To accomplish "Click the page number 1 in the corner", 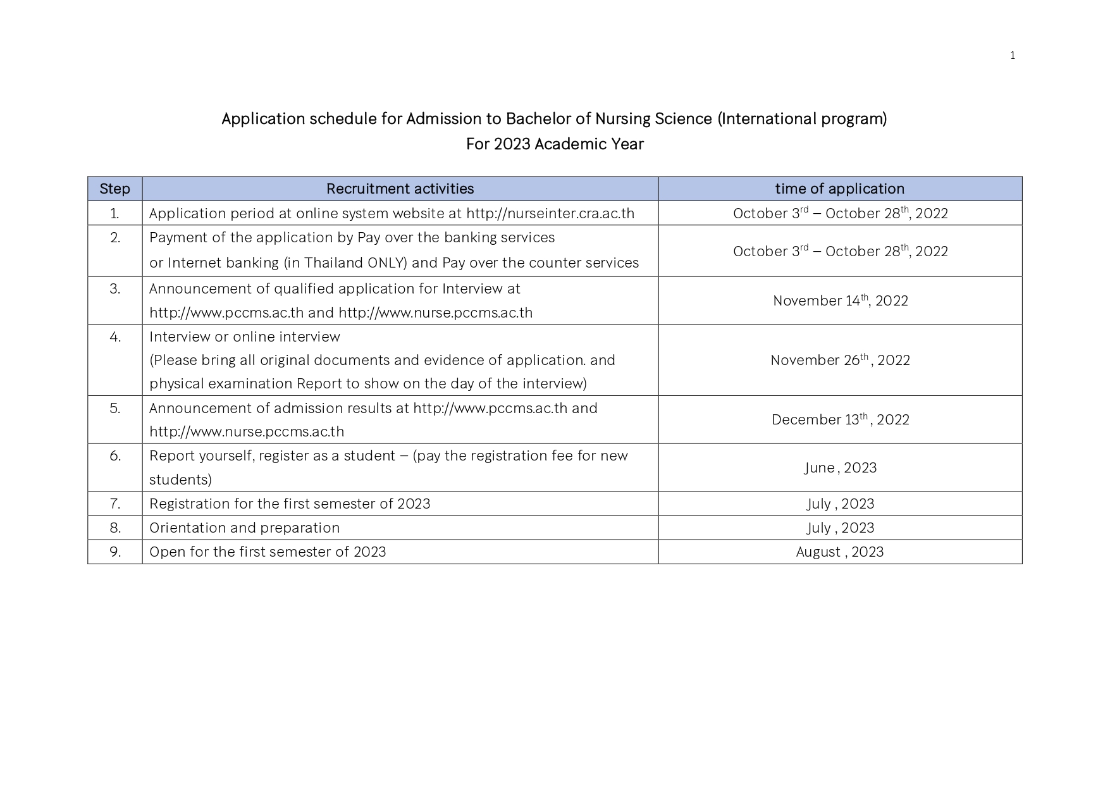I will (x=1012, y=56).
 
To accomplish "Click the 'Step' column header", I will (x=114, y=189).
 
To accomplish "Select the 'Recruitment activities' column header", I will (x=400, y=189).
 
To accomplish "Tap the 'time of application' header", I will (x=839, y=189).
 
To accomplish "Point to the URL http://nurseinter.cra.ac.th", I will (x=550, y=213).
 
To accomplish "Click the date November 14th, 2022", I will (x=840, y=300).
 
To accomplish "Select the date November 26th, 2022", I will (x=840, y=360).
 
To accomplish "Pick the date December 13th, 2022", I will (x=840, y=419).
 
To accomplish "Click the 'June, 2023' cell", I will (x=840, y=467).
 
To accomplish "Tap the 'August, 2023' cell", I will (x=839, y=552).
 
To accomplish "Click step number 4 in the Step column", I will (x=114, y=337).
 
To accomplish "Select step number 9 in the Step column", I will (x=114, y=552).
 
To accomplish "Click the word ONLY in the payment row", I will (x=386, y=263).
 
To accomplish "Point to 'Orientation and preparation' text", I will (x=244, y=528).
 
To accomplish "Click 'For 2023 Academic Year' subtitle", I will (x=555, y=144).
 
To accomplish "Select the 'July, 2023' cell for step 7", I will (x=840, y=504).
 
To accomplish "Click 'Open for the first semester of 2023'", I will (x=268, y=552).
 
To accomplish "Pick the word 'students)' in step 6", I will (x=180, y=479).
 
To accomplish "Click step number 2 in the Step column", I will (x=114, y=238).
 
